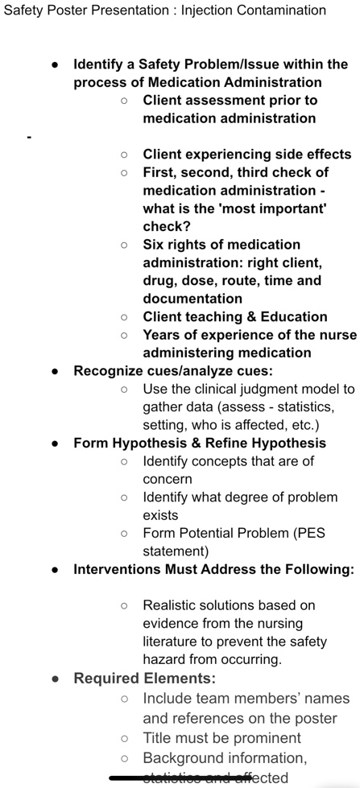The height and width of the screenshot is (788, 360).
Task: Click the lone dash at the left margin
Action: [x=28, y=137]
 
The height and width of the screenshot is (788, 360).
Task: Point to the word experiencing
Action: [x=233, y=154]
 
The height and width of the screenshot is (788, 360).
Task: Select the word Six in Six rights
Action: [x=155, y=244]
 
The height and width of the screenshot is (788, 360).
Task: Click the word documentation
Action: [x=192, y=298]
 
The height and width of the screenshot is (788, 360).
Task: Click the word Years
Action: [x=162, y=335]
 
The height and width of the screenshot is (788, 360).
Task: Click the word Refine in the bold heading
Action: [x=220, y=443]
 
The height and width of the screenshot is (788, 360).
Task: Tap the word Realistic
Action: [x=172, y=604]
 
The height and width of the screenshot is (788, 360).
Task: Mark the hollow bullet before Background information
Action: [x=124, y=757]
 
